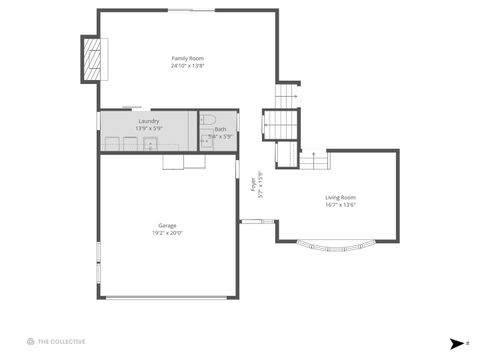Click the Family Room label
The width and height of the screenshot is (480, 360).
pyautogui.click(x=188, y=58)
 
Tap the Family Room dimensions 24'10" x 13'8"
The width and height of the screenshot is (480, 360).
pyautogui.click(x=188, y=66)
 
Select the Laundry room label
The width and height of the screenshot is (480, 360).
pyautogui.click(x=148, y=121)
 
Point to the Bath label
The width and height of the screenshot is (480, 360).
pyautogui.click(x=220, y=129)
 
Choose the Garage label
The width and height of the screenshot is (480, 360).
pyautogui.click(x=167, y=225)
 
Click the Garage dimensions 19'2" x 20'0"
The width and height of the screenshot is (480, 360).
pyautogui.click(x=167, y=233)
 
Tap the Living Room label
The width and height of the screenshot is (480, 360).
pyautogui.click(x=340, y=197)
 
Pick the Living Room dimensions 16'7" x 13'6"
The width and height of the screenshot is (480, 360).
pyautogui.click(x=340, y=205)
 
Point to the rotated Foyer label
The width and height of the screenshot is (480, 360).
pyautogui.click(x=255, y=186)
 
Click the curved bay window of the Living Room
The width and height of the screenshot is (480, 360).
pyautogui.click(x=337, y=248)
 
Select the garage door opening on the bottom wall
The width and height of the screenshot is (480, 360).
pyautogui.click(x=168, y=298)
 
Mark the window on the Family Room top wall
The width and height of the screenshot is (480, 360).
pyautogui.click(x=190, y=11)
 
